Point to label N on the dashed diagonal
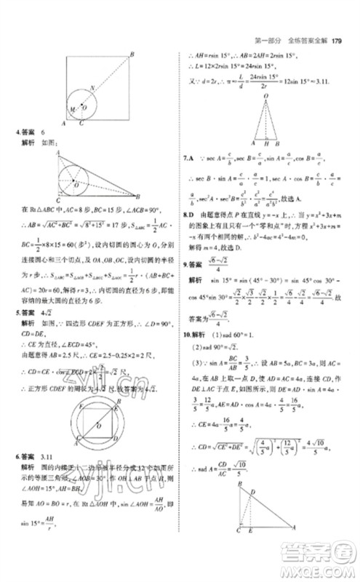click(x=93, y=88)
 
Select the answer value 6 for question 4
click(x=43, y=132)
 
